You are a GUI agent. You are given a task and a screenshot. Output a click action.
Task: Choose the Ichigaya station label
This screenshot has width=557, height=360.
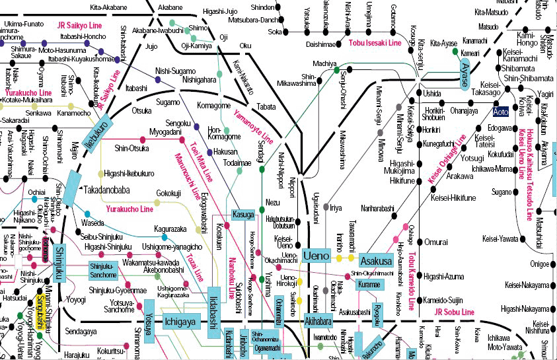(180, 322)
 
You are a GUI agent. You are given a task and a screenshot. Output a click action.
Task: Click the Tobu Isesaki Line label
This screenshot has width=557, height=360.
(375, 43)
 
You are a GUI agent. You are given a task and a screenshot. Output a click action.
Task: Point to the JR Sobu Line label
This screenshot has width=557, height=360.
(455, 311)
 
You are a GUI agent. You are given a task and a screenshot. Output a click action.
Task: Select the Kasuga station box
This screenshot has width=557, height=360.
(243, 215)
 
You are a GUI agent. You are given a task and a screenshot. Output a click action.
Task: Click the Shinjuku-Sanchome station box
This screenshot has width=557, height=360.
(103, 270)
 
